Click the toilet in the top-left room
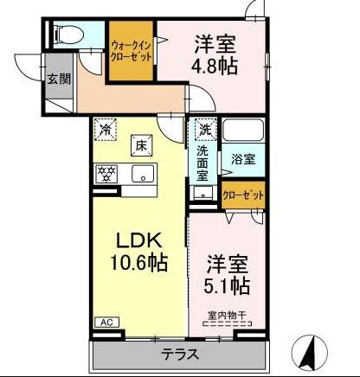(67, 35)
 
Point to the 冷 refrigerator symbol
(105, 131)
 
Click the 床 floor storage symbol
(140, 145)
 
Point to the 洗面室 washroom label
(202, 163)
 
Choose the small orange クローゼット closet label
(243, 195)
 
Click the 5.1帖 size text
(228, 284)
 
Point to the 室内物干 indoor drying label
(228, 316)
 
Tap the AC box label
(106, 323)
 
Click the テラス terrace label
(179, 354)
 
